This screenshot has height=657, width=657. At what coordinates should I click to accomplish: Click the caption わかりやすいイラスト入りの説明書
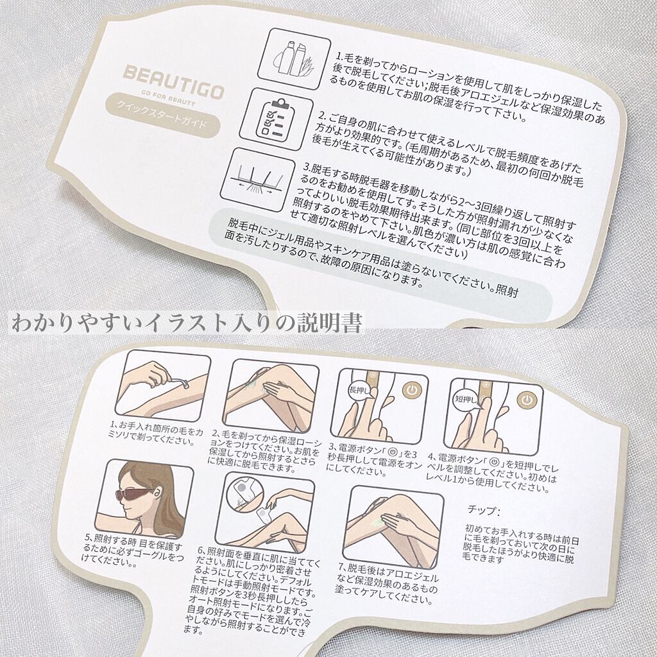click(x=186, y=322)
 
